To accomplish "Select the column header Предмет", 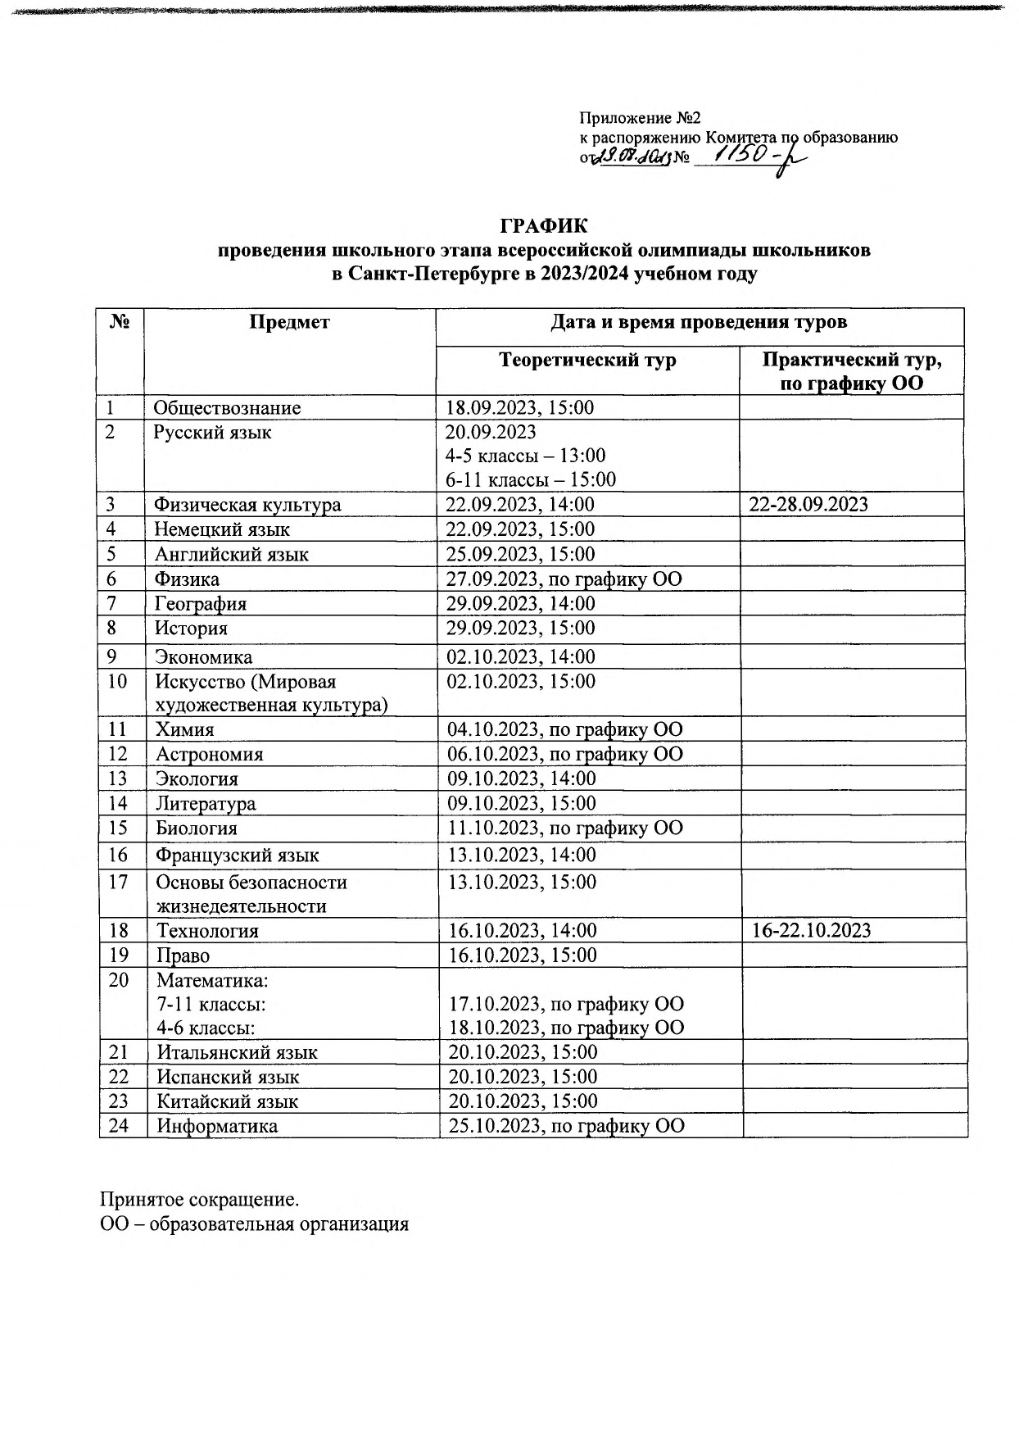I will (289, 322).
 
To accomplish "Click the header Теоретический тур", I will (587, 360).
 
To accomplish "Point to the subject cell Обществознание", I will (227, 407).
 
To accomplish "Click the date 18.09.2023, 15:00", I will (519, 407).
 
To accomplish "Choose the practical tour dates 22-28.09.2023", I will (808, 504).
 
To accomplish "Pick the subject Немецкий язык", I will (221, 529).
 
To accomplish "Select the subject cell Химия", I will (185, 729).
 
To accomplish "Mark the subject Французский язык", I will (238, 856).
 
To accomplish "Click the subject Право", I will (183, 956).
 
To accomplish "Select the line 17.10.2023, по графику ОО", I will (565, 1004).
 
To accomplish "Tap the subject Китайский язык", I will (227, 1101).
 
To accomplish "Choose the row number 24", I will (119, 1125).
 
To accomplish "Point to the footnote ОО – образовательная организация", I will (254, 1224).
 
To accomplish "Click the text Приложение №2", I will (641, 119).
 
